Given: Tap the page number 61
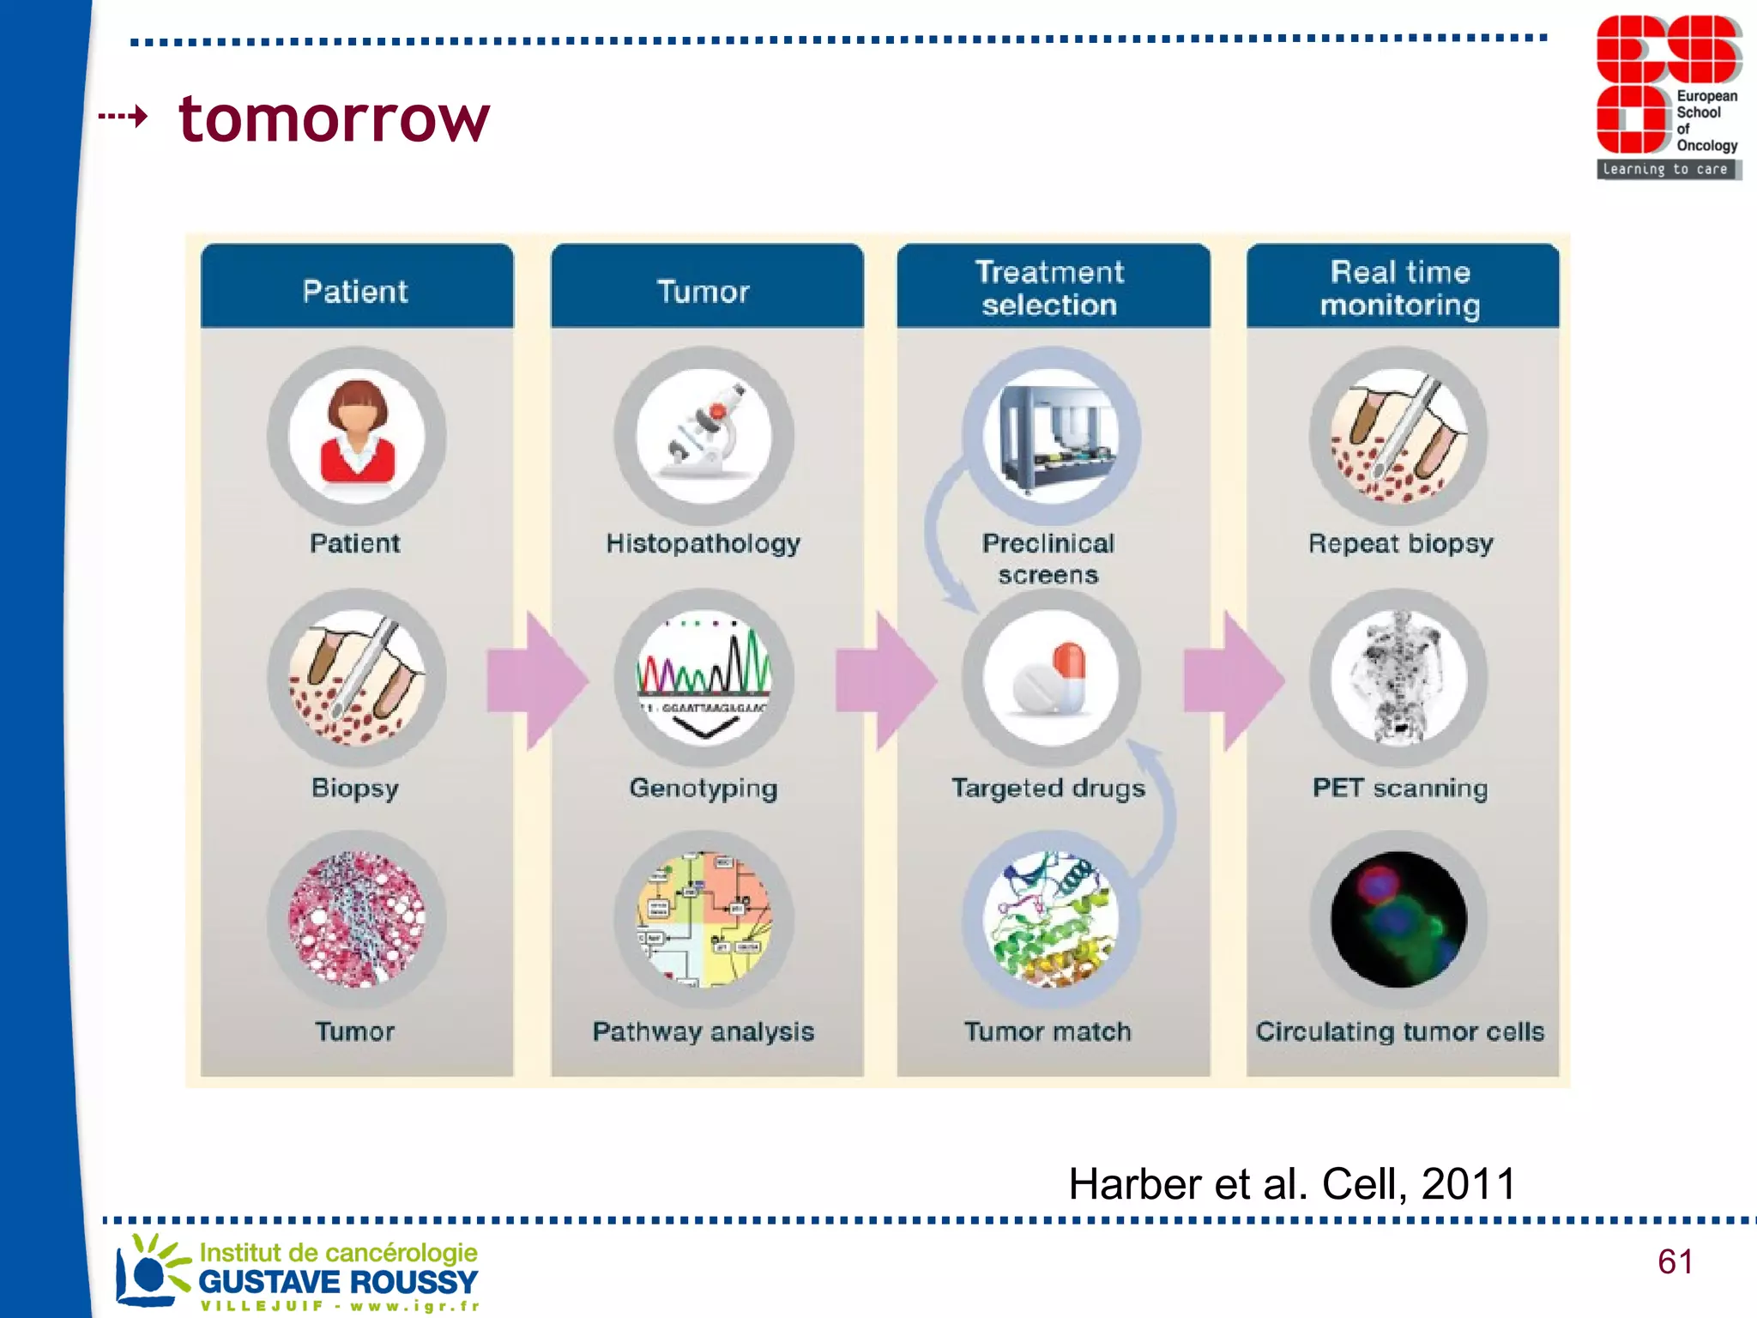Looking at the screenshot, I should pyautogui.click(x=1675, y=1261).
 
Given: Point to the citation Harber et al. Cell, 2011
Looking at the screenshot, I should pyautogui.click(x=1292, y=1184).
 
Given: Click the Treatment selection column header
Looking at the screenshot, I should pyautogui.click(x=1052, y=287).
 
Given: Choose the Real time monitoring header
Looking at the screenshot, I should pyautogui.click(x=1401, y=287).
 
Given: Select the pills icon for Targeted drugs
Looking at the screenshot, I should pyautogui.click(x=1052, y=678).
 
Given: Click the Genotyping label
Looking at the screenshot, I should pyautogui.click(x=703, y=788).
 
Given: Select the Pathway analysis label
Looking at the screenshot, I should pyautogui.click(x=703, y=1031).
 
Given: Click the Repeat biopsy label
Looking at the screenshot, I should pyautogui.click(x=1401, y=543).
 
